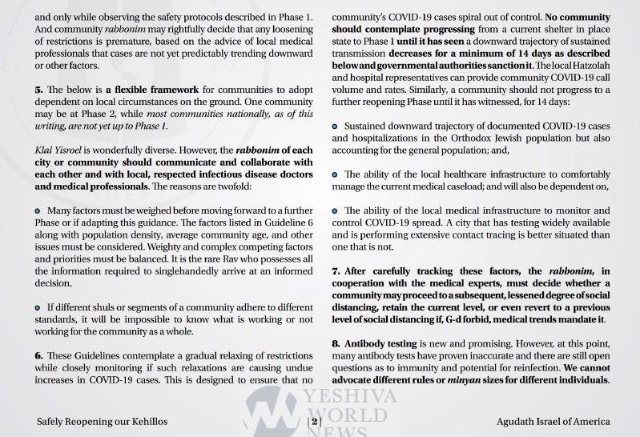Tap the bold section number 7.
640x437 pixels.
[x=336, y=271]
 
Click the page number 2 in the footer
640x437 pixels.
[x=316, y=422]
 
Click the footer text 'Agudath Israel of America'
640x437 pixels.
[x=553, y=422]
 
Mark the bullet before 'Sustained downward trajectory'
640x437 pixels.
[x=336, y=126]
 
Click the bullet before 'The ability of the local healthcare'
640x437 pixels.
[x=336, y=174]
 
